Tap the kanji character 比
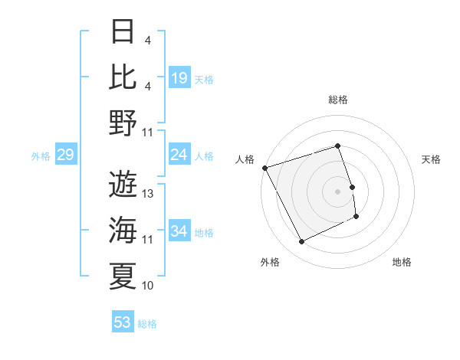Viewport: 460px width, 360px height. (x=123, y=77)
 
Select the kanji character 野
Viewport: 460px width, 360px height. (x=123, y=123)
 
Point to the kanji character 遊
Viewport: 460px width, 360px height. (x=123, y=183)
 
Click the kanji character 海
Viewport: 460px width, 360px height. (x=123, y=229)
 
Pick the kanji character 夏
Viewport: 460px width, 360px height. (x=123, y=275)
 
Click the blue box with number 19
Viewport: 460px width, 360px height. (x=179, y=78)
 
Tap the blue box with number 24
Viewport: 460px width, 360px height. (x=179, y=155)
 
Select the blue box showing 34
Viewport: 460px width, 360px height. (x=179, y=231)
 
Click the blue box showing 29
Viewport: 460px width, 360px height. (x=65, y=155)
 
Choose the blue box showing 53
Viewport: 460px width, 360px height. (x=123, y=322)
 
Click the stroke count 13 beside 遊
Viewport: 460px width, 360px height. (x=148, y=194)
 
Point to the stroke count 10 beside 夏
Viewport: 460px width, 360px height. (x=148, y=286)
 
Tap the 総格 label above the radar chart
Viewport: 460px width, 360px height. (x=338, y=100)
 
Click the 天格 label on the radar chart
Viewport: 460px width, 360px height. (x=431, y=159)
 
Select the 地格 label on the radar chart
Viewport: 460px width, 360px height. (x=402, y=262)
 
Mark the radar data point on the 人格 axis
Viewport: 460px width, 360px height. (x=264, y=167)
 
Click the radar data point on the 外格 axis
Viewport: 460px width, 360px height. (x=301, y=242)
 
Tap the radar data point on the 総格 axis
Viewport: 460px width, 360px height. (x=338, y=146)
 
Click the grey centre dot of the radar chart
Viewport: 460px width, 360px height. (x=338, y=191)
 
